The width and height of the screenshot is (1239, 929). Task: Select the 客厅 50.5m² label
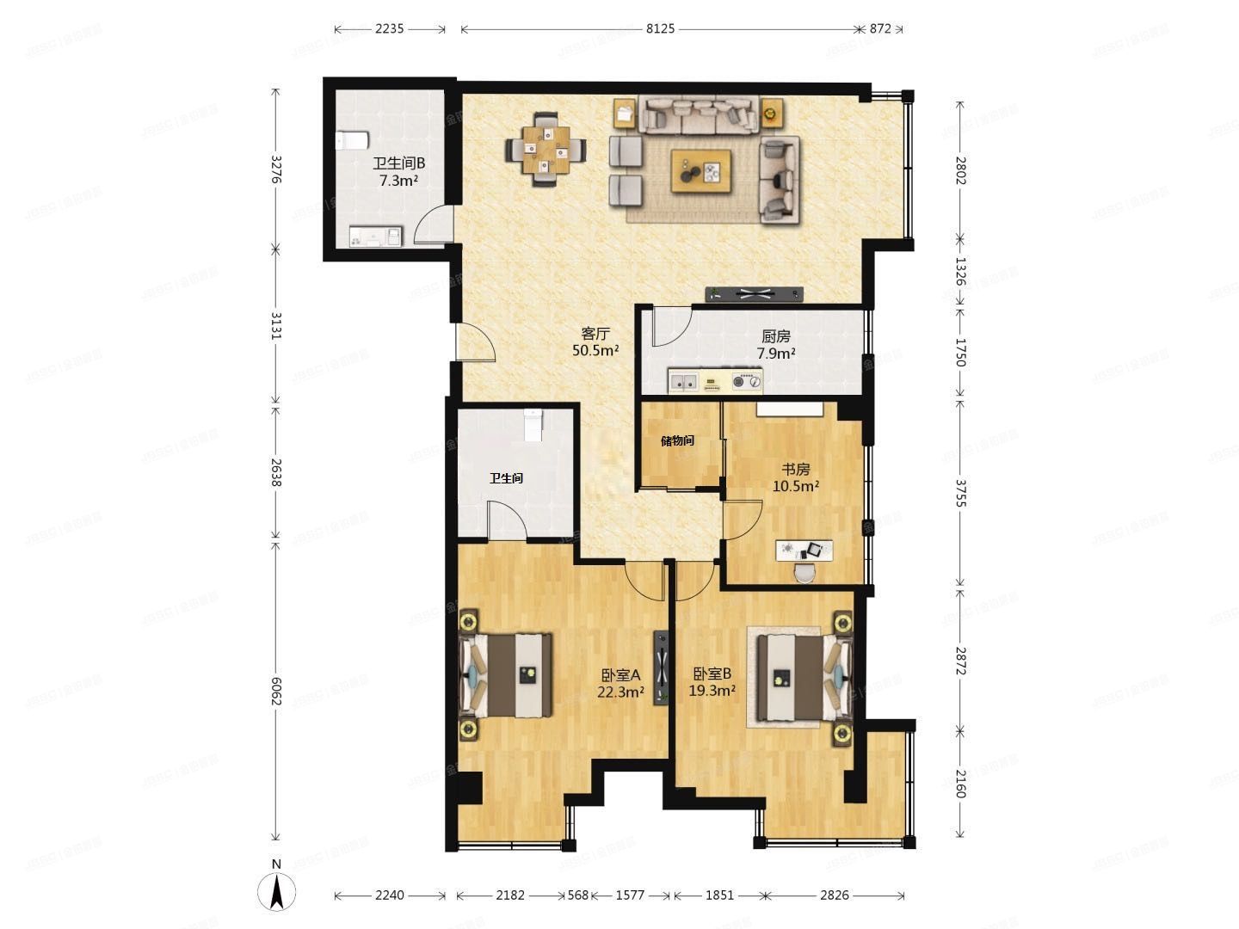pos(596,341)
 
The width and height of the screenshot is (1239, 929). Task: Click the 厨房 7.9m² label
pos(775,344)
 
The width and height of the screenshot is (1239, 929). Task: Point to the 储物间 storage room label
pos(677,441)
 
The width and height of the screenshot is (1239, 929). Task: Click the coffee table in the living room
pos(702,171)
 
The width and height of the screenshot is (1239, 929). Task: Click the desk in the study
pos(804,550)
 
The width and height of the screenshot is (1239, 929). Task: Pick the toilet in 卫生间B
pos(352,139)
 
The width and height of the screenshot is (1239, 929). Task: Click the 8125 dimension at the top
pos(660,28)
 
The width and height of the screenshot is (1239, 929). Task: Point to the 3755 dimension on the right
pos(960,490)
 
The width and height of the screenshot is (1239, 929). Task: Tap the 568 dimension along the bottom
pos(578,895)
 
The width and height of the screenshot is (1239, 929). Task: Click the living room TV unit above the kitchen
pos(755,294)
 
